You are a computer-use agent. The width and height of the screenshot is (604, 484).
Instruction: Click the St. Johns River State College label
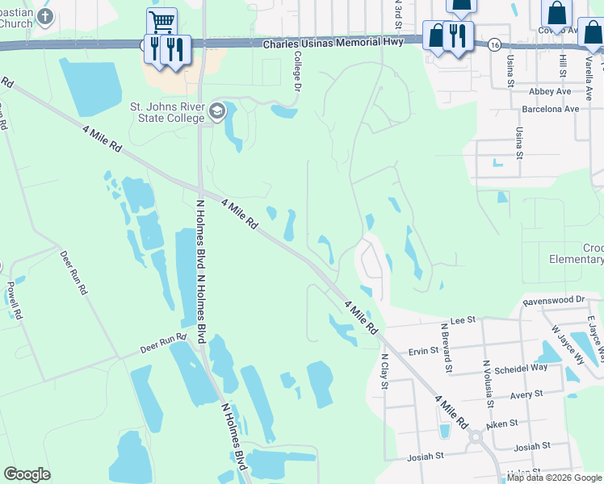pos(166,113)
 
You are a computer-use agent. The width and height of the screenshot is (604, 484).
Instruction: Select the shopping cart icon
pos(161,20)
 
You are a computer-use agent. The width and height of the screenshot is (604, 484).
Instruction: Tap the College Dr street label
pos(298,70)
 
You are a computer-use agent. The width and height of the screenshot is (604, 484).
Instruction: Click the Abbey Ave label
pos(552,92)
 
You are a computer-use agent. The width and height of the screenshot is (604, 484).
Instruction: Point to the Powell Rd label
pos(11,297)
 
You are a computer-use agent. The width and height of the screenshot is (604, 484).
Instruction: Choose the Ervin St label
pos(422,351)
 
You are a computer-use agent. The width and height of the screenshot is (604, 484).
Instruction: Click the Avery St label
pos(526,395)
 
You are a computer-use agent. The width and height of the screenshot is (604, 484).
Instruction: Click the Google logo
pos(27,474)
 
